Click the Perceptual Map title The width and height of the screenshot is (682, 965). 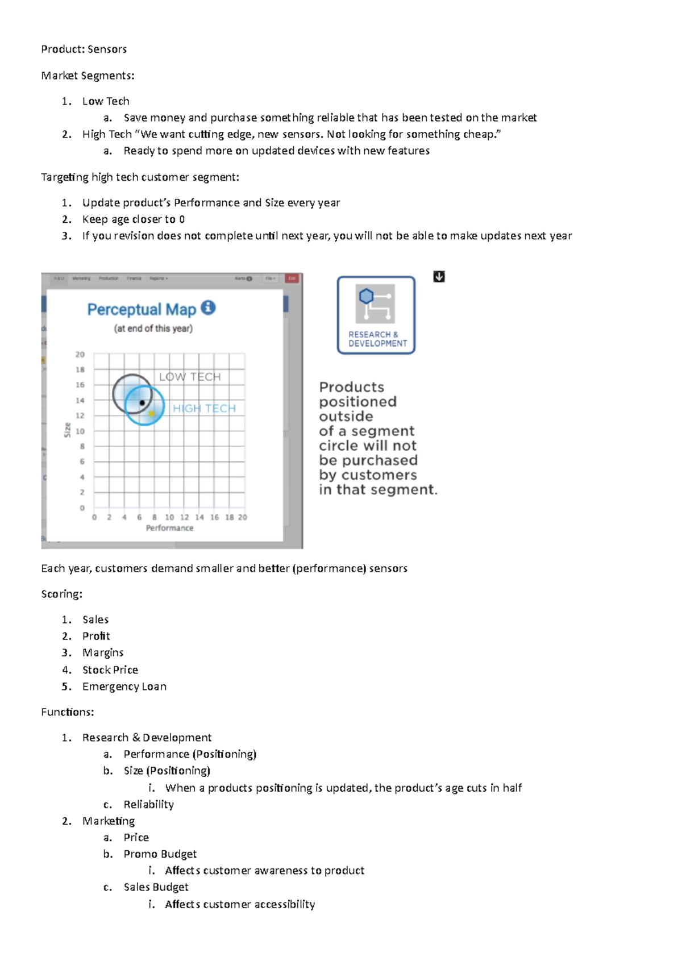[x=141, y=310]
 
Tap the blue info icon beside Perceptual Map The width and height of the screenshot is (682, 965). [x=208, y=307]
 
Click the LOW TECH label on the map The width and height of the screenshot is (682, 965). [x=190, y=377]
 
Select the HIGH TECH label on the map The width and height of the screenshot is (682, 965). [x=204, y=408]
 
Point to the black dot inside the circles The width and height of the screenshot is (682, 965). [x=142, y=402]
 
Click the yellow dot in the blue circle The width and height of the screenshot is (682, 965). [x=152, y=413]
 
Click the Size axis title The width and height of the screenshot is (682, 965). [x=67, y=430]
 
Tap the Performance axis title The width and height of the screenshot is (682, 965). [x=169, y=528]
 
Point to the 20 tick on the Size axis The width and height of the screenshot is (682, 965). [x=80, y=354]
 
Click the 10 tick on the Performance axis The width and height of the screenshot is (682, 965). [x=169, y=517]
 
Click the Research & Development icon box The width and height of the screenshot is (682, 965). [x=376, y=315]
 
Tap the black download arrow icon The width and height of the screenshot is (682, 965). [x=439, y=277]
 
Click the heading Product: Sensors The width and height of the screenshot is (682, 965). [x=84, y=49]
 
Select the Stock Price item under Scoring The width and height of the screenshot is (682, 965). [x=110, y=669]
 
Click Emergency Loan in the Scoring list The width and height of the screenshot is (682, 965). [x=124, y=687]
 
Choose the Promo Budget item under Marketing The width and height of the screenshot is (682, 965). [x=160, y=854]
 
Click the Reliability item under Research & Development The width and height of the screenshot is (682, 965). [x=149, y=804]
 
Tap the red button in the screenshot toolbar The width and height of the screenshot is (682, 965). [x=292, y=278]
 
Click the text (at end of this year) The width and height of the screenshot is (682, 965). [x=153, y=328]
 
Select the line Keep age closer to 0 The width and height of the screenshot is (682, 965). [x=134, y=219]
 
